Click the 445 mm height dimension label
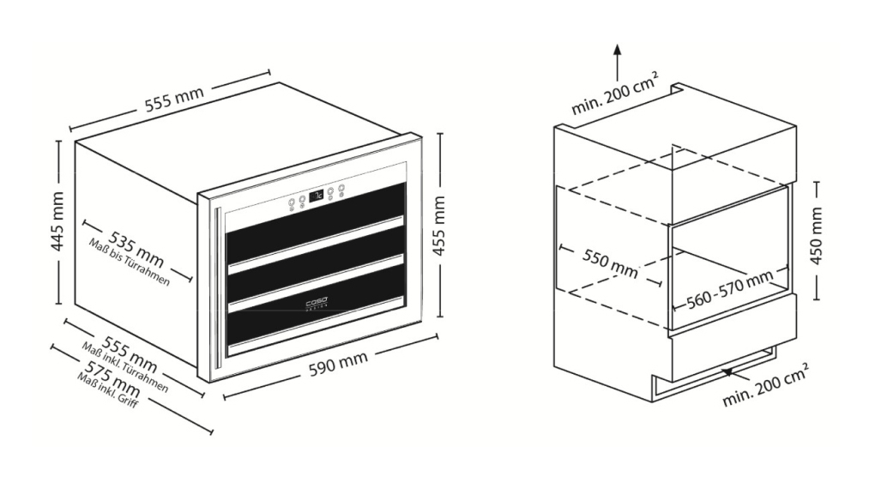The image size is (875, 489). [57, 221]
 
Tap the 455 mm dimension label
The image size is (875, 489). [439, 226]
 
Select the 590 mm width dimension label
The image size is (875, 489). [339, 363]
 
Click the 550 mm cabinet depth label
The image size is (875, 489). [610, 263]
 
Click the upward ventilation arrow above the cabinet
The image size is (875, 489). [617, 63]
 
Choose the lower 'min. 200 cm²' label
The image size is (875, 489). [765, 385]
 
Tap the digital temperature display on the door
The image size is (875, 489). [317, 196]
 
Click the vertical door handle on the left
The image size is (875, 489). [218, 287]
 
